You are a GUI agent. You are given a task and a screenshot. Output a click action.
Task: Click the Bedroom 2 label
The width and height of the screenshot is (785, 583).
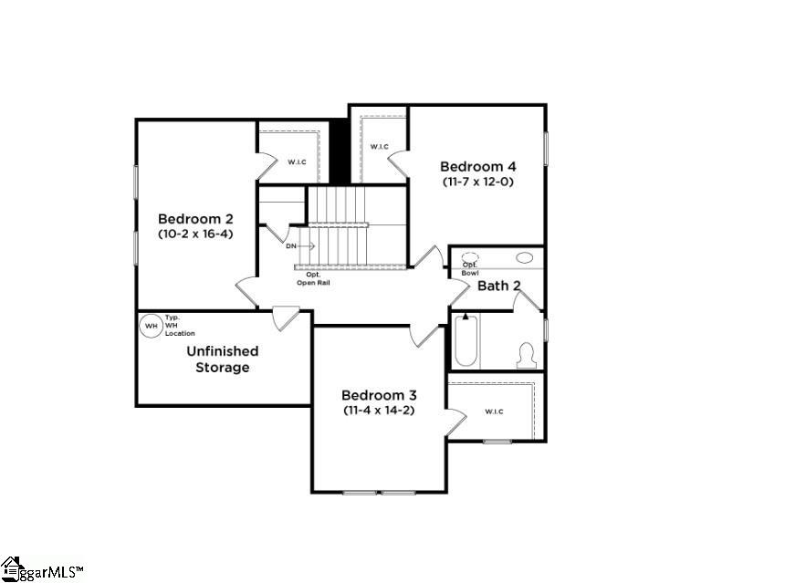195,219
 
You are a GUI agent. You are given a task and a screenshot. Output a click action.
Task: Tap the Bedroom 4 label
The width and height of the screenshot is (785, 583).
477,166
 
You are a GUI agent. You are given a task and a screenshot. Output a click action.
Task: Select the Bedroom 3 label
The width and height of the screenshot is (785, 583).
379,395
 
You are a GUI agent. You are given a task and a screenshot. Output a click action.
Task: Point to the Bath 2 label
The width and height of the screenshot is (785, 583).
499,286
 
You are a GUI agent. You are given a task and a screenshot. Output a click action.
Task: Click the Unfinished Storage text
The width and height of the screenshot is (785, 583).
223,359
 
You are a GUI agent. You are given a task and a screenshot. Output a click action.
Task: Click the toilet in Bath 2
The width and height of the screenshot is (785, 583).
525,354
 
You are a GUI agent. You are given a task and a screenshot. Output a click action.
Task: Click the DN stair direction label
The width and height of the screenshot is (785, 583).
291,246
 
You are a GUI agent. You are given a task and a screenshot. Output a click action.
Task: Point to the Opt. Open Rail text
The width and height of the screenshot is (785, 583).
312,278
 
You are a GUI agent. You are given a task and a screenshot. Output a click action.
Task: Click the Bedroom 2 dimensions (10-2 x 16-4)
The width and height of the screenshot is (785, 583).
195,234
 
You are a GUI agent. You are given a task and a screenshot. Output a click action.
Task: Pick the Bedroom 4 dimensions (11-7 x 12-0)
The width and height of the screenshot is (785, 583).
477,182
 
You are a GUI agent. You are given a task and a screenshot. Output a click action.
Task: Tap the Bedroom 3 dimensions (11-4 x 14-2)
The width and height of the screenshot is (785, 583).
379,411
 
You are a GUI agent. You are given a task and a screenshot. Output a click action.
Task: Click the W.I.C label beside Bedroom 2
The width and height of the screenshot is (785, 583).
297,162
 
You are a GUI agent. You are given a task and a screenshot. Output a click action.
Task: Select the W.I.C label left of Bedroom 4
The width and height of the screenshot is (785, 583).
379,147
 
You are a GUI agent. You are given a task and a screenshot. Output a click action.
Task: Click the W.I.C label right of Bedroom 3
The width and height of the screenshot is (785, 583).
494,411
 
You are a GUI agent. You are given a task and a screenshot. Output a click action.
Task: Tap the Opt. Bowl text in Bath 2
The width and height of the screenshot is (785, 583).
470,268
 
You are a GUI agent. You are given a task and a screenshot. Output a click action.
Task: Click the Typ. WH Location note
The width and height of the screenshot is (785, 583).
179,325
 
